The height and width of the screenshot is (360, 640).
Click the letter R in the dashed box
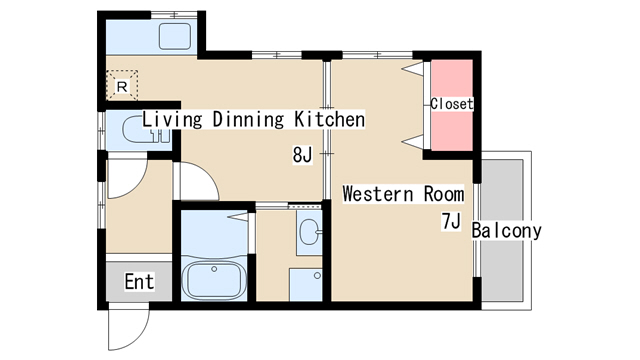(x=122, y=87)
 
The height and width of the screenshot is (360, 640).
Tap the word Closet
(x=452, y=104)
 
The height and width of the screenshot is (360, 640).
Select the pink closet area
(x=452, y=105)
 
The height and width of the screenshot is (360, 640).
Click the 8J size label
(x=302, y=155)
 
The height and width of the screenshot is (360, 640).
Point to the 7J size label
(x=451, y=222)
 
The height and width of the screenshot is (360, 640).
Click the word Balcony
(x=507, y=231)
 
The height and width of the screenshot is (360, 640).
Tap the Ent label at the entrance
(x=140, y=282)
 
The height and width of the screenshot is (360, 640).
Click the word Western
(x=378, y=193)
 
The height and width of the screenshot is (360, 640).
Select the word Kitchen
(x=329, y=119)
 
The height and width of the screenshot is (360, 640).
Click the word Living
(x=172, y=120)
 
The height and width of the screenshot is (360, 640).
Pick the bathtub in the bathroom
(x=214, y=281)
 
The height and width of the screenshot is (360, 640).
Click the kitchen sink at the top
(x=175, y=36)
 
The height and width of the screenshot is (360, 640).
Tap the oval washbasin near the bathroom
(x=309, y=232)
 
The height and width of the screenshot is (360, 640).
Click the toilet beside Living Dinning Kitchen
(x=146, y=130)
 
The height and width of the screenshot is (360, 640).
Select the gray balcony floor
(x=502, y=231)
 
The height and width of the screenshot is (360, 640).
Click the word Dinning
(x=248, y=120)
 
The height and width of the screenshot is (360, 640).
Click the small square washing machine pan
(x=306, y=284)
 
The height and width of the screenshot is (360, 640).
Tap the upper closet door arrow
(x=412, y=68)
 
